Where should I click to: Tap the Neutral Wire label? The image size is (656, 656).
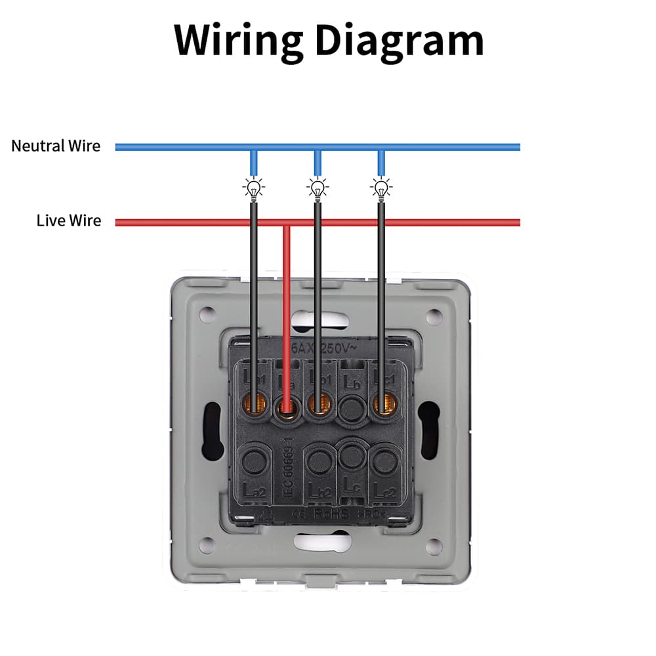coord(56,146)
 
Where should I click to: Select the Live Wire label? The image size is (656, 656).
coord(69,220)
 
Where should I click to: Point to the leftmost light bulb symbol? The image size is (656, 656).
coord(254,189)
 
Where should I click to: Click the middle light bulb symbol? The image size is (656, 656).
coord(318,189)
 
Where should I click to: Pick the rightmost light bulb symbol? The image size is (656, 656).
coord(381,189)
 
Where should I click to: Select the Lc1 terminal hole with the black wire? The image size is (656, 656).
coord(381,405)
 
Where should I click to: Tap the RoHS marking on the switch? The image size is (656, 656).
coord(332,514)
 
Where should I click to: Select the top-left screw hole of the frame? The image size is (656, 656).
coord(207,314)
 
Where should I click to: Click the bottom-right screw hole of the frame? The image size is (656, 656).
coord(433,544)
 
